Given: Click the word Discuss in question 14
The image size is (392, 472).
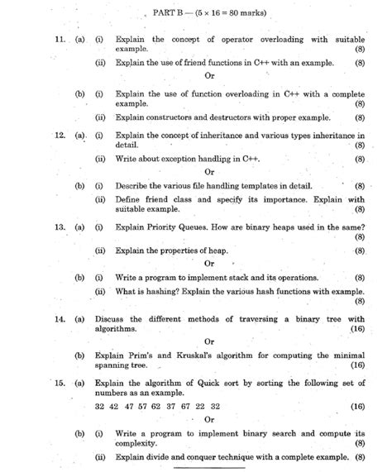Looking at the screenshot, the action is (x=132, y=319).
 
